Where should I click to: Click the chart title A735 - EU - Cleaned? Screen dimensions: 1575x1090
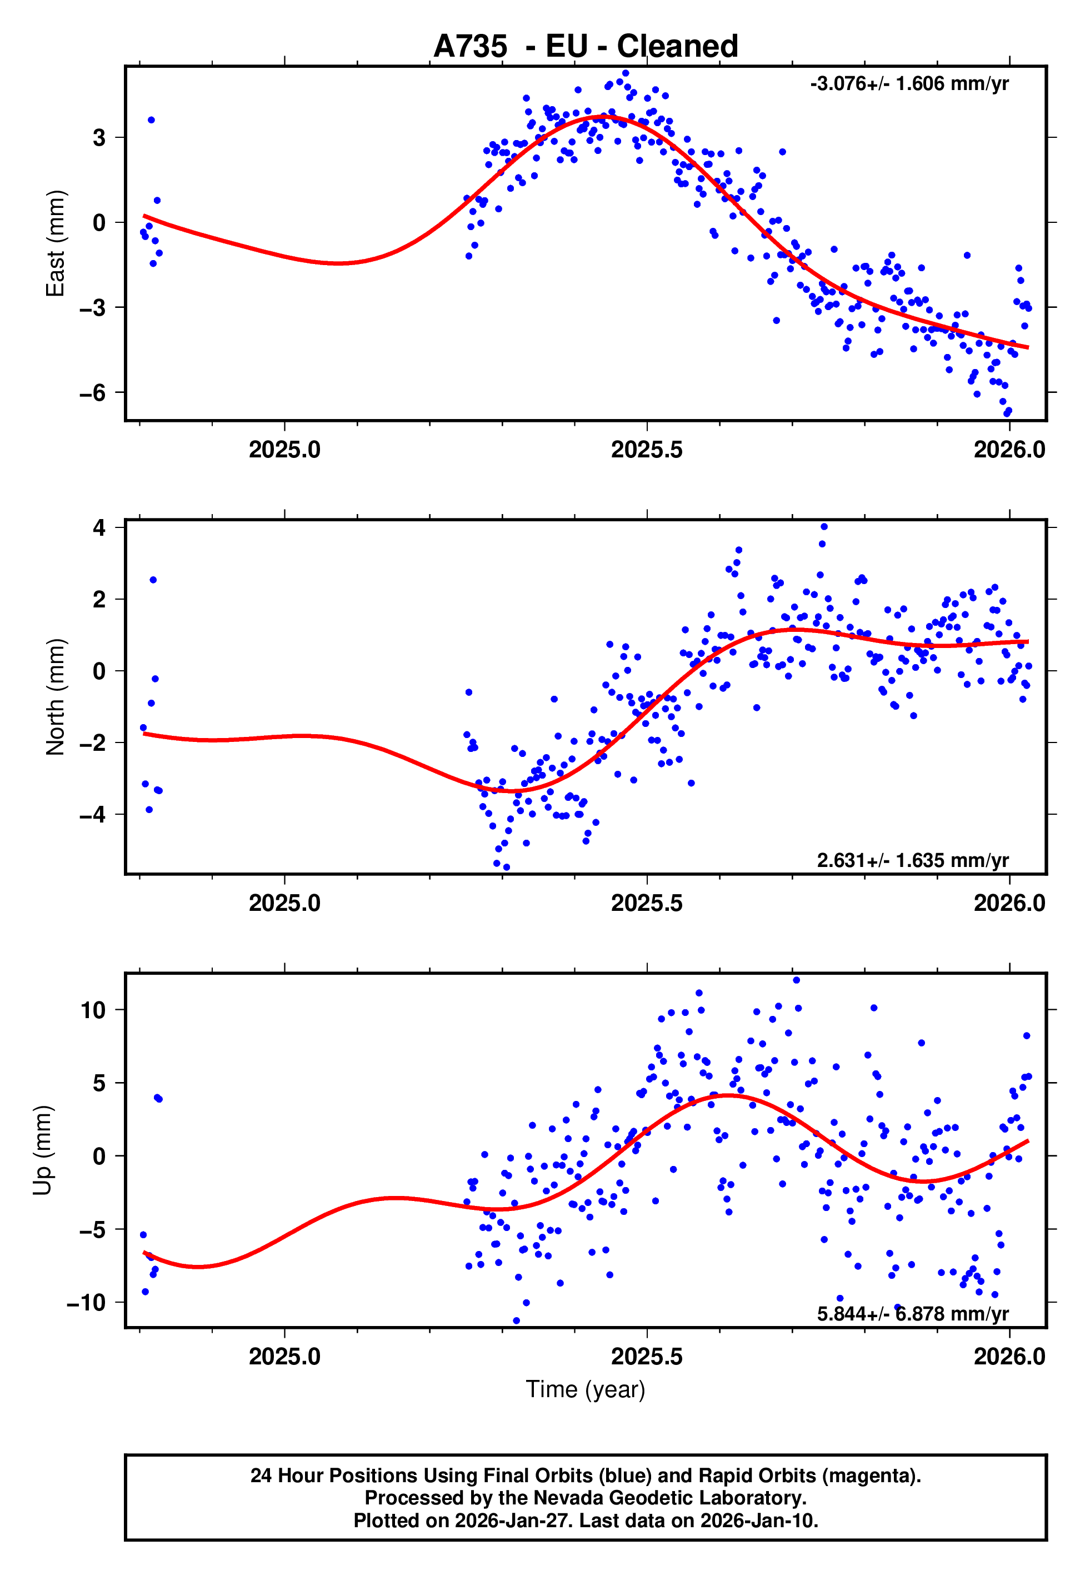(x=586, y=47)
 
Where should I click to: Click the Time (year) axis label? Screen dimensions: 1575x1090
(x=586, y=1389)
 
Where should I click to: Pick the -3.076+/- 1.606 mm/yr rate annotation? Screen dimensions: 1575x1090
(x=909, y=84)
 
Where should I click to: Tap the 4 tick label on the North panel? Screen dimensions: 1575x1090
(x=99, y=527)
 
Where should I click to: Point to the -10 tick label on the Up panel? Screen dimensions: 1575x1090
(x=86, y=1303)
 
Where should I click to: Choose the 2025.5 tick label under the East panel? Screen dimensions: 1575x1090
(x=647, y=450)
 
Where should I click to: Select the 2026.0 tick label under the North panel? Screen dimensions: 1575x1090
(x=1009, y=903)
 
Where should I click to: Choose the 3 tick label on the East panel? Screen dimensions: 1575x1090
(x=99, y=137)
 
